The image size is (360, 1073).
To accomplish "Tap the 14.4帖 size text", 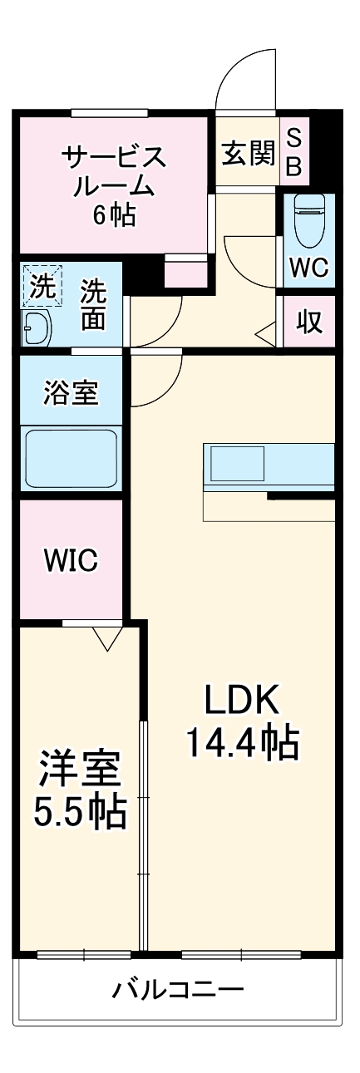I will point(240,744).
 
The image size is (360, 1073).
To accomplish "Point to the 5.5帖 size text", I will point(81,813).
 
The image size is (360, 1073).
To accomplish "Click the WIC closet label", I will point(71,560).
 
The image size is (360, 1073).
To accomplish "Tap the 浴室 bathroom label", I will point(71,393).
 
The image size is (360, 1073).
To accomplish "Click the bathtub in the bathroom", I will point(71,458).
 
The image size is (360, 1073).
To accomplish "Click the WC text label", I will point(309,268).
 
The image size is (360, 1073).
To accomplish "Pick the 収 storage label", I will point(309,321).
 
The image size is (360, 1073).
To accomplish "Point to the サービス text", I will point(113,155).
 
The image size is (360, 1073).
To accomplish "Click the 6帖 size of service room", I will point(114,216).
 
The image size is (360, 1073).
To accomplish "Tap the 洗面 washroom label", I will point(93,305).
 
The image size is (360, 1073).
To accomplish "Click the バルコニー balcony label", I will point(178,990).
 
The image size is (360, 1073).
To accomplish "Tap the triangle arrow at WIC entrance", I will point(106,637).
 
